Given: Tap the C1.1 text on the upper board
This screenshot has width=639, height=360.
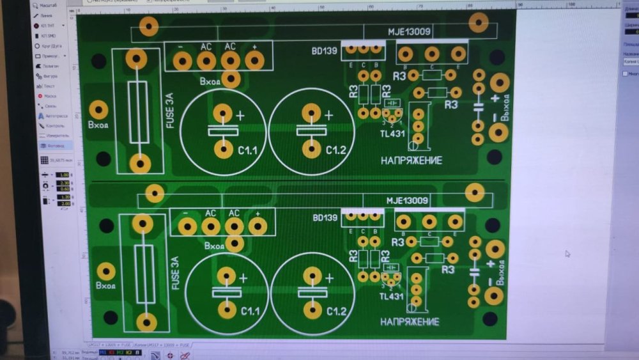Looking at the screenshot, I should [x=247, y=151].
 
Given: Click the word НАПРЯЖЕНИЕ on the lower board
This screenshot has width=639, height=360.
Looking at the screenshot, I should [x=410, y=322].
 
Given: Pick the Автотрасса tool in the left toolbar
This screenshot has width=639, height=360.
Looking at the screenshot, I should [x=55, y=116].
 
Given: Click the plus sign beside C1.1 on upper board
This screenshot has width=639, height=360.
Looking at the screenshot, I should [x=240, y=116].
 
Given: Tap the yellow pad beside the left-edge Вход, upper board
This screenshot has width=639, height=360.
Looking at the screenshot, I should [x=98, y=109].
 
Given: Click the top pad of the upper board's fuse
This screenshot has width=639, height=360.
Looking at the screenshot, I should [x=136, y=59].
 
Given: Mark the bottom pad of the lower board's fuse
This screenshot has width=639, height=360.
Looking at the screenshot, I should [x=147, y=322].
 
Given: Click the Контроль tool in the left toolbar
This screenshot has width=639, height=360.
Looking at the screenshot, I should [x=54, y=126].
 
